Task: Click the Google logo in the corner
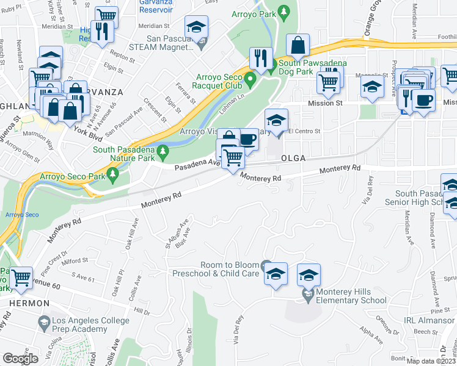[x=20, y=359]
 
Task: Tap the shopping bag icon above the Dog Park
[x=298, y=45]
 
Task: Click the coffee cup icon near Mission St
[x=423, y=100]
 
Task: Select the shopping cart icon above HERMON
[x=21, y=278]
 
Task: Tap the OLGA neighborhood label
[x=293, y=157]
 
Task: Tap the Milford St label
[x=75, y=260]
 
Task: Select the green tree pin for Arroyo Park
[x=283, y=12]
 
